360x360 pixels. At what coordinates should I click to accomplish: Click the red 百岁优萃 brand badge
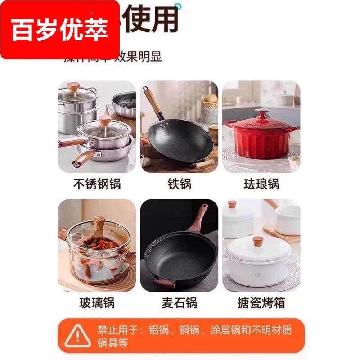pyautogui.click(x=60, y=30)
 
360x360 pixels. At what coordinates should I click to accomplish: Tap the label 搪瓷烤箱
pyautogui.click(x=261, y=303)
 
